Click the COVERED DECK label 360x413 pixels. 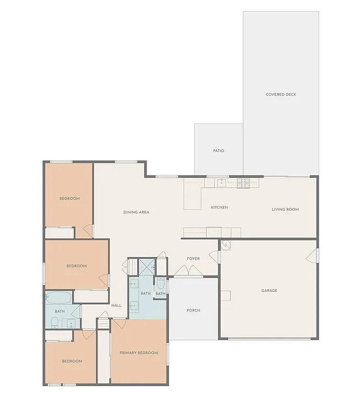(281, 95)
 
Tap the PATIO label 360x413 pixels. (218, 151)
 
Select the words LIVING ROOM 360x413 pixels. (285, 209)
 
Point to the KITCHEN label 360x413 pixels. (219, 207)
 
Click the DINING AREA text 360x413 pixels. (136, 212)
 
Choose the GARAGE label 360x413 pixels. (269, 290)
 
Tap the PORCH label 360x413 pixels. (193, 310)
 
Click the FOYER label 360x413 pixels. (193, 259)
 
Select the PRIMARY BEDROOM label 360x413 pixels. (139, 353)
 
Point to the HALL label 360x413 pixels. (116, 305)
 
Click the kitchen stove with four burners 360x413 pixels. (243, 183)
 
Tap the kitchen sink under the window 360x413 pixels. (222, 183)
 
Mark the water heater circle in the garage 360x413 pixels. (225, 246)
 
